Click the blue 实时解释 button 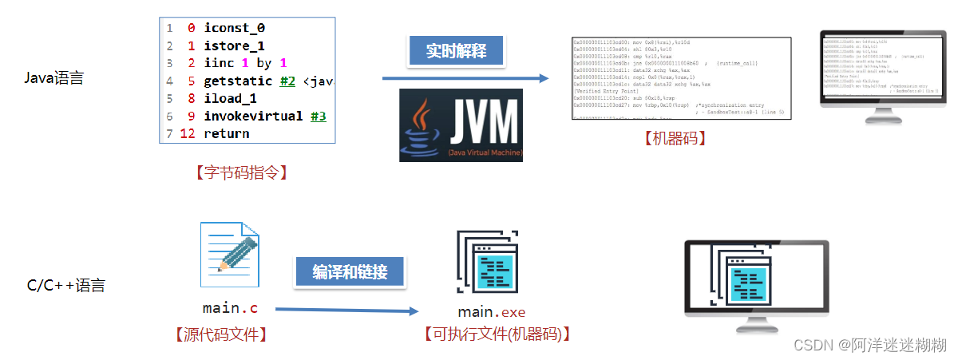point(458,51)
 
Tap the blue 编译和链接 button point(350,272)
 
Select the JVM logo point(461,125)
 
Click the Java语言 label point(54,78)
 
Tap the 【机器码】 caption point(675,138)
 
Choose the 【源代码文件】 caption point(220,334)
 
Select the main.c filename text point(230,307)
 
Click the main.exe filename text point(492,311)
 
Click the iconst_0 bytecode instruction point(234,28)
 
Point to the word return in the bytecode point(226,133)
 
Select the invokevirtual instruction point(253,116)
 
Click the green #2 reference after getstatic point(288,81)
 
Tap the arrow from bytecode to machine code point(465,78)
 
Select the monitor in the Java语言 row point(869,77)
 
